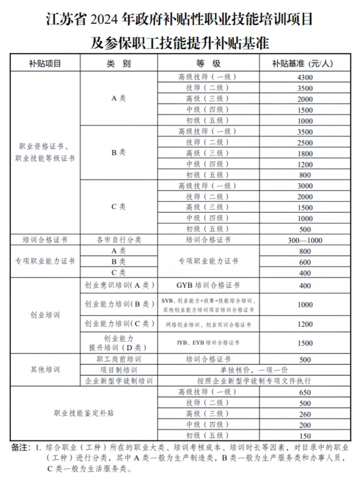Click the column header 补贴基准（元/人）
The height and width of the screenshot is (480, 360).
(x=305, y=64)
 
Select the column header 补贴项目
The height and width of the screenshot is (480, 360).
(x=45, y=64)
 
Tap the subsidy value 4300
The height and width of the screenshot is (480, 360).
(x=305, y=77)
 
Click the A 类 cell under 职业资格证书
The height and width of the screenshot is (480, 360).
(x=119, y=98)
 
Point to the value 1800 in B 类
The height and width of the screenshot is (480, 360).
(x=305, y=153)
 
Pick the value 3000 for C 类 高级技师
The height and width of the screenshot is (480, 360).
(x=305, y=186)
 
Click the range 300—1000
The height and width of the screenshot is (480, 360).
(x=305, y=240)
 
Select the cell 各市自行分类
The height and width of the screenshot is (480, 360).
(x=119, y=240)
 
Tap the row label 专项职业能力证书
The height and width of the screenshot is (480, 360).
(x=45, y=261)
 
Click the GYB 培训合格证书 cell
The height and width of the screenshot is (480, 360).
(x=208, y=286)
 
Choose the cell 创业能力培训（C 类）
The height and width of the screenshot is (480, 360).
(x=119, y=324)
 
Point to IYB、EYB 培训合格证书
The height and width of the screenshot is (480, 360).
(x=208, y=343)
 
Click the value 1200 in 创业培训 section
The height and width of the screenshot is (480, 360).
(x=305, y=324)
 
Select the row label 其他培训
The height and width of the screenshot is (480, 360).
(x=45, y=370)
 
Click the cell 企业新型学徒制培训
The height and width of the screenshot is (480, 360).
(x=119, y=381)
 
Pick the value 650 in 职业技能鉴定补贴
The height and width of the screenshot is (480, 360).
(x=305, y=392)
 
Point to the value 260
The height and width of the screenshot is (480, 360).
(x=305, y=414)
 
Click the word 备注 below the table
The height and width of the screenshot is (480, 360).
(x=19, y=447)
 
